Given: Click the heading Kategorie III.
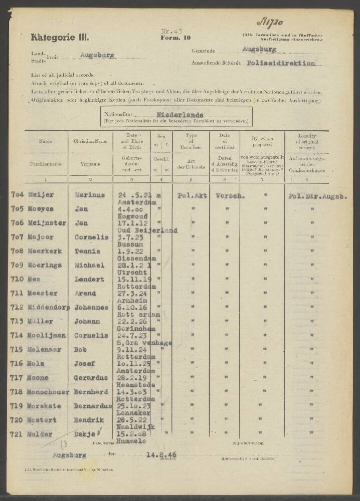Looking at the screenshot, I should pyautogui.click(x=60, y=37).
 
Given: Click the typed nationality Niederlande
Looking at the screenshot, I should pyautogui.click(x=179, y=115).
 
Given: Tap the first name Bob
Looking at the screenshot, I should pyautogui.click(x=80, y=349).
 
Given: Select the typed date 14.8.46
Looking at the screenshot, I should pyautogui.click(x=161, y=455).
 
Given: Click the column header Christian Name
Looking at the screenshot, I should pyautogui.click(x=90, y=142).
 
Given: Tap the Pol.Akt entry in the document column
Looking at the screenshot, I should pyautogui.click(x=192, y=195).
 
